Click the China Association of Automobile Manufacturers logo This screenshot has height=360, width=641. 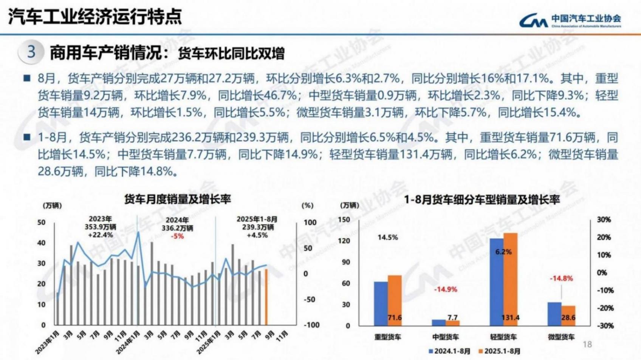tap(570, 20)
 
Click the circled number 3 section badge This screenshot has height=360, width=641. tap(31, 52)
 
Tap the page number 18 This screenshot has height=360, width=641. tap(587, 344)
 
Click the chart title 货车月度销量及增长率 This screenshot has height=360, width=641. tap(177, 199)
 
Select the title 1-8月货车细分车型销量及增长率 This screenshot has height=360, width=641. tap(482, 199)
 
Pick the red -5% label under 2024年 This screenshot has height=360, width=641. tap(177, 236)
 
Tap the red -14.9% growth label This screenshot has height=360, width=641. tap(445, 289)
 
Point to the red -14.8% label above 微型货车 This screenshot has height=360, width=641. tap(561, 278)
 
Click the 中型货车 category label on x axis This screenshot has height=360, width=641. tap(445, 337)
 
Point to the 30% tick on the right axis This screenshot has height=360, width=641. tap(604, 220)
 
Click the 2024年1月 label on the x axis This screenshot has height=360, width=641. tap(129, 342)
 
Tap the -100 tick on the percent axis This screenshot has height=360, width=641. tap(311, 325)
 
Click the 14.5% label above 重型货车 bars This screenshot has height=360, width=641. tap(387, 238)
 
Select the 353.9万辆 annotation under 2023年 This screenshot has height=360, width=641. tap(100, 227)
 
